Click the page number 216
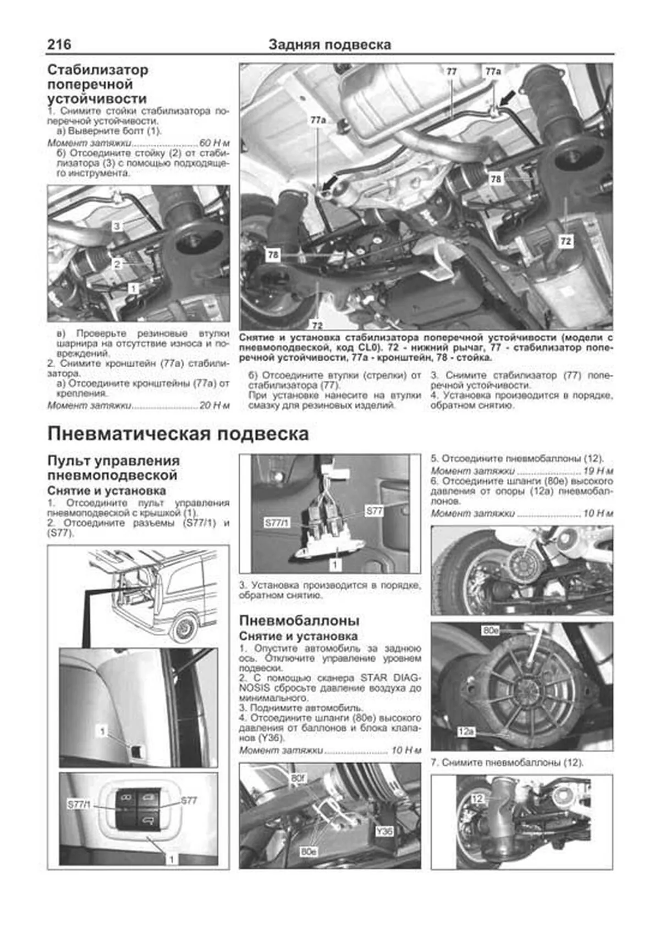(x=59, y=44)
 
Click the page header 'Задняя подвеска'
(x=329, y=45)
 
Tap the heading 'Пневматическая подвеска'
(x=178, y=434)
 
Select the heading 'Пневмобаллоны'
(x=299, y=620)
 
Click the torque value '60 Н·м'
(x=215, y=142)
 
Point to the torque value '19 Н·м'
(x=598, y=471)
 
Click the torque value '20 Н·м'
(x=215, y=405)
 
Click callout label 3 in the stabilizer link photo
(x=117, y=225)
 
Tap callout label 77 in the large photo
(x=451, y=71)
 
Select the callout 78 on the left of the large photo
(x=273, y=255)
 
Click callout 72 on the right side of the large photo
(x=565, y=241)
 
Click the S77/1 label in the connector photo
(x=277, y=523)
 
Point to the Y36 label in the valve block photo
(x=384, y=831)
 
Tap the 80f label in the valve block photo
(x=298, y=778)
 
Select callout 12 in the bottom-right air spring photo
(x=477, y=798)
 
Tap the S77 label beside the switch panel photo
(x=189, y=800)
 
